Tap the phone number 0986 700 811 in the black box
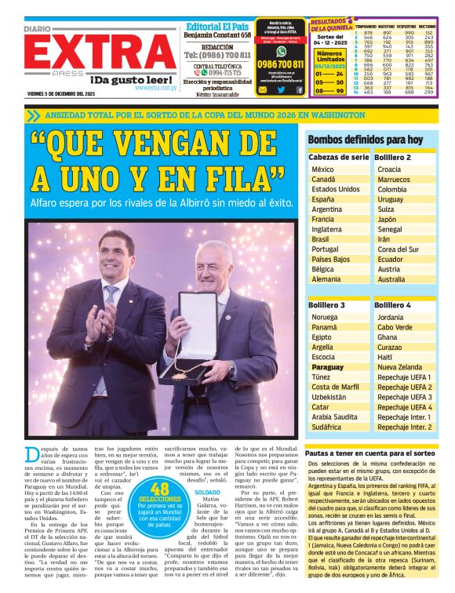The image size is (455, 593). [280, 64]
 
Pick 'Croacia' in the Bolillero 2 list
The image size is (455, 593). [389, 169]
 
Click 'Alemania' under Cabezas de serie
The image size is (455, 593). [326, 279]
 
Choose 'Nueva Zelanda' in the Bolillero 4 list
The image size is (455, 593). [399, 366]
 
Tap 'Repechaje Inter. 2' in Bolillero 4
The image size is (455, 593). [405, 427]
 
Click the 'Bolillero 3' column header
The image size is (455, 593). [326, 304]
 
